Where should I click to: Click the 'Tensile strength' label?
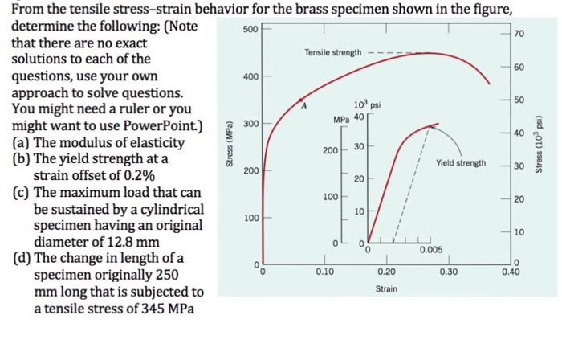[333, 52]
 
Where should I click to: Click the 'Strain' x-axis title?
[385, 288]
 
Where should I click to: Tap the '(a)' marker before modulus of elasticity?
[18, 142]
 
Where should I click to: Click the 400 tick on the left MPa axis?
[250, 76]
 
